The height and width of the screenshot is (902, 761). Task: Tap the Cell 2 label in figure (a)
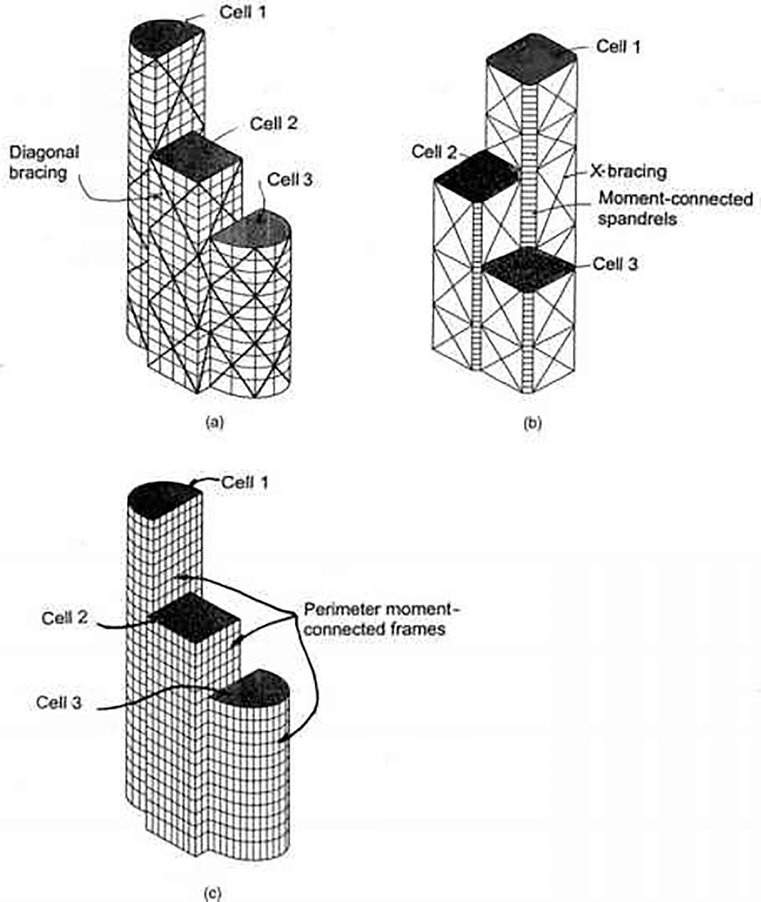point(273,123)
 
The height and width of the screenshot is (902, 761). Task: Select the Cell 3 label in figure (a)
point(290,180)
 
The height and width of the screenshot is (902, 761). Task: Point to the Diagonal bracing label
point(44,162)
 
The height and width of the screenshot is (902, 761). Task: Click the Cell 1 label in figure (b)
point(619,47)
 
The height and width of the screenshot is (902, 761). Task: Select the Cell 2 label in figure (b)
point(434,152)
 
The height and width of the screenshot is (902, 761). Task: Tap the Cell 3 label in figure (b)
point(615,264)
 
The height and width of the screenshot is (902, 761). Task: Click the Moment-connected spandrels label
point(675,207)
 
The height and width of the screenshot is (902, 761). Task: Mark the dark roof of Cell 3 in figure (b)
point(530,266)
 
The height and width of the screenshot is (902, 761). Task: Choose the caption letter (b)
point(531,422)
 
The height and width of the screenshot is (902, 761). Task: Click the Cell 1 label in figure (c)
point(245,483)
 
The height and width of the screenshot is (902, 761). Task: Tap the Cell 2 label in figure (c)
point(65,617)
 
